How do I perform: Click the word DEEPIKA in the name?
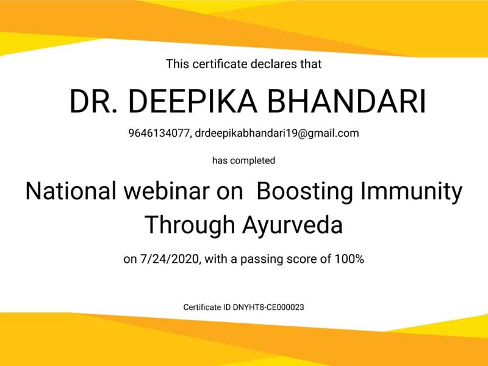tap(193, 101)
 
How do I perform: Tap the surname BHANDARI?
tap(346, 101)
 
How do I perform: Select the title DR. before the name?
tap(94, 101)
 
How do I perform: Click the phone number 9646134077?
tap(159, 134)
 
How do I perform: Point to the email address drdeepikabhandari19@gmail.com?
tap(277, 134)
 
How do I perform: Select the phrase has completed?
tap(243, 160)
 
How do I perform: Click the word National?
tap(71, 191)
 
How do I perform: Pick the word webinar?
tap(167, 191)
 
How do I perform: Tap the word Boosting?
tap(305, 192)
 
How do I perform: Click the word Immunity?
tap(411, 192)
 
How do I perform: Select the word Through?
tap(190, 225)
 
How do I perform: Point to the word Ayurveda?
tap(293, 225)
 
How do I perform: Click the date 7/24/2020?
tap(170, 259)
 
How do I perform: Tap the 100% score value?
tap(349, 259)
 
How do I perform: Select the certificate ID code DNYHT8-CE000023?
tap(268, 307)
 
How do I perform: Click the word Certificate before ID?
tap(203, 307)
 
